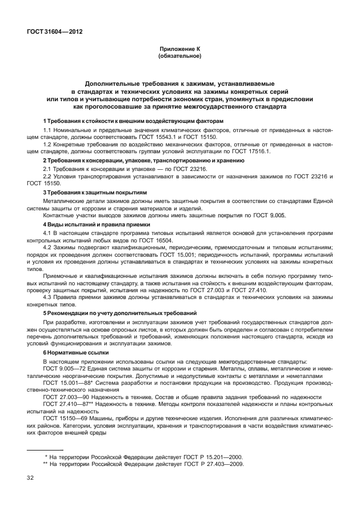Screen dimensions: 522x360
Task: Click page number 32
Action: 30,477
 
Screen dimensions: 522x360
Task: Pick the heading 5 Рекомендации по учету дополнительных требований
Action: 120,313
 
